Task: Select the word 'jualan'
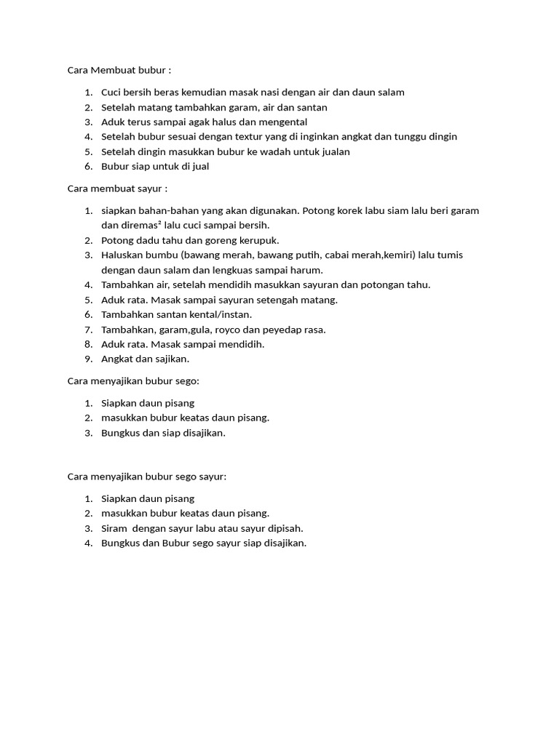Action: click(x=333, y=151)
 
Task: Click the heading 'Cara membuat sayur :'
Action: click(x=117, y=188)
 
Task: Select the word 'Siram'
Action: click(x=114, y=528)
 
